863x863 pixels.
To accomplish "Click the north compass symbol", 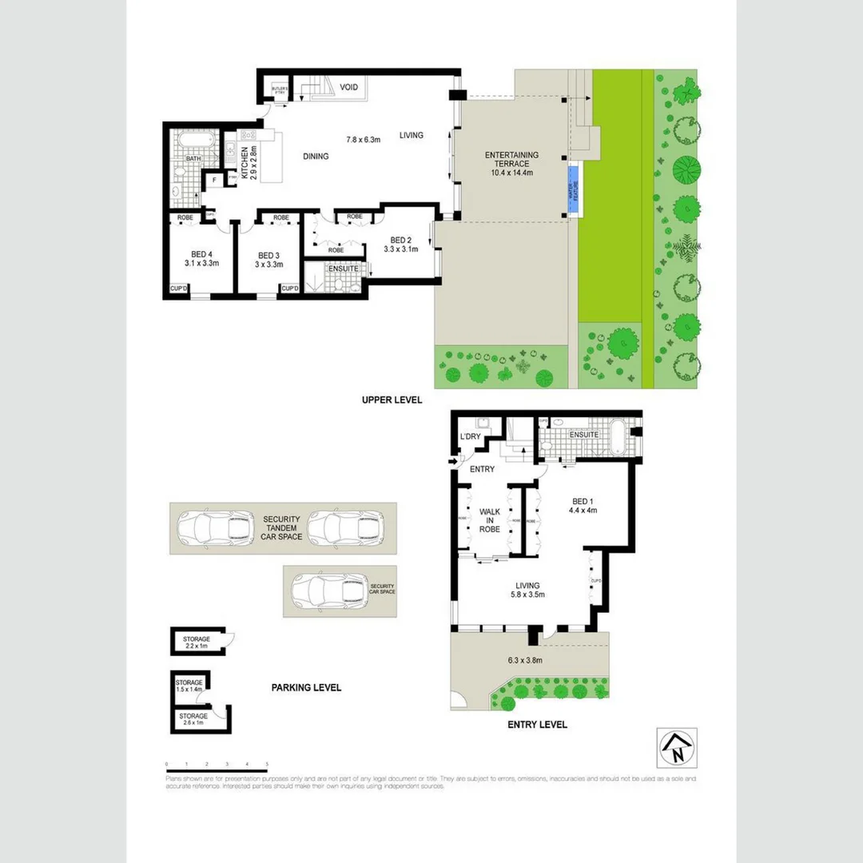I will (x=676, y=748).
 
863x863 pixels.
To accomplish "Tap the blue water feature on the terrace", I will (x=572, y=190).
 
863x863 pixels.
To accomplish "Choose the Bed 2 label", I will (x=400, y=244).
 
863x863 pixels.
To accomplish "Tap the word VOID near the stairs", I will (x=348, y=87).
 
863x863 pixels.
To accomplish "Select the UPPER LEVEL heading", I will (x=392, y=400).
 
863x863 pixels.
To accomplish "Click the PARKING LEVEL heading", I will (x=306, y=687).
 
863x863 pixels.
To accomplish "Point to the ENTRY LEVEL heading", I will (x=537, y=725).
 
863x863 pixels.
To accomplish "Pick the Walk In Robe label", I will (x=489, y=519).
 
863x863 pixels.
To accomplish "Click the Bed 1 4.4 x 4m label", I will (x=583, y=505).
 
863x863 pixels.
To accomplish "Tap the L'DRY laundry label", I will (x=469, y=436).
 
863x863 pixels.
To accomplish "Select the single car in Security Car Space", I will (x=328, y=591).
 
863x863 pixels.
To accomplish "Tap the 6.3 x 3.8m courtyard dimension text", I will (x=525, y=660).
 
